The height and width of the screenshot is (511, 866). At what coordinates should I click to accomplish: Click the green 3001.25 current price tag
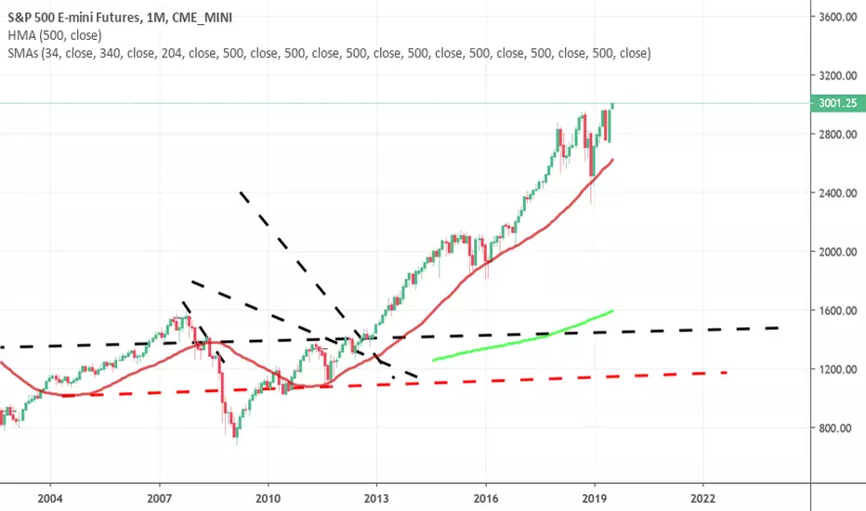click(x=838, y=103)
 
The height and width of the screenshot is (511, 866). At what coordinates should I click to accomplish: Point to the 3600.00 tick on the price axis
click(x=838, y=17)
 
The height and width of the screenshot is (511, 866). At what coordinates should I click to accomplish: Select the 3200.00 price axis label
click(x=838, y=75)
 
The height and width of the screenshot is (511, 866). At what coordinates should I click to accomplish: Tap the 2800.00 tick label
click(x=838, y=134)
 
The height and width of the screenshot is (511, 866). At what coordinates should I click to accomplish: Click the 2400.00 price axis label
click(x=838, y=193)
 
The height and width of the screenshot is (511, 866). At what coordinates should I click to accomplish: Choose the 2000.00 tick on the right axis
click(x=838, y=252)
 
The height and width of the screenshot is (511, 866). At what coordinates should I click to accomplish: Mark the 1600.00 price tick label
click(x=838, y=310)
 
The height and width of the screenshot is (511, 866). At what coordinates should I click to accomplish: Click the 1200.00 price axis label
click(x=838, y=369)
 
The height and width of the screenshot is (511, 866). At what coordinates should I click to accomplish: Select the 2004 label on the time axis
click(x=50, y=499)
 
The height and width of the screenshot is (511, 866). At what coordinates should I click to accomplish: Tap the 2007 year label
click(x=160, y=499)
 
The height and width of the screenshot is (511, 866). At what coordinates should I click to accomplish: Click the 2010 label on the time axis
click(x=268, y=499)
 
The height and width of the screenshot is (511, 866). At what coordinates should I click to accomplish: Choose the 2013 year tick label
click(x=376, y=499)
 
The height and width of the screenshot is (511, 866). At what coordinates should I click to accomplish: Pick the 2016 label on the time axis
click(x=486, y=499)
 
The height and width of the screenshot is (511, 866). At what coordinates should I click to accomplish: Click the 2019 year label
click(x=595, y=499)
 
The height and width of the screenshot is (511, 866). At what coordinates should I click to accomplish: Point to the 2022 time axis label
click(x=702, y=499)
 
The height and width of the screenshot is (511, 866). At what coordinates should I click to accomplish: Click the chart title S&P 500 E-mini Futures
click(x=74, y=18)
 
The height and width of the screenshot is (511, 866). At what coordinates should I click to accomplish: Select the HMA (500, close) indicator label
click(x=55, y=36)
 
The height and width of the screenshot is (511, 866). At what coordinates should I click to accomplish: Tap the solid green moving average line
click(x=522, y=339)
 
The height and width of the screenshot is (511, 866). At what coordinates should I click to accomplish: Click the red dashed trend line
click(x=395, y=384)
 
